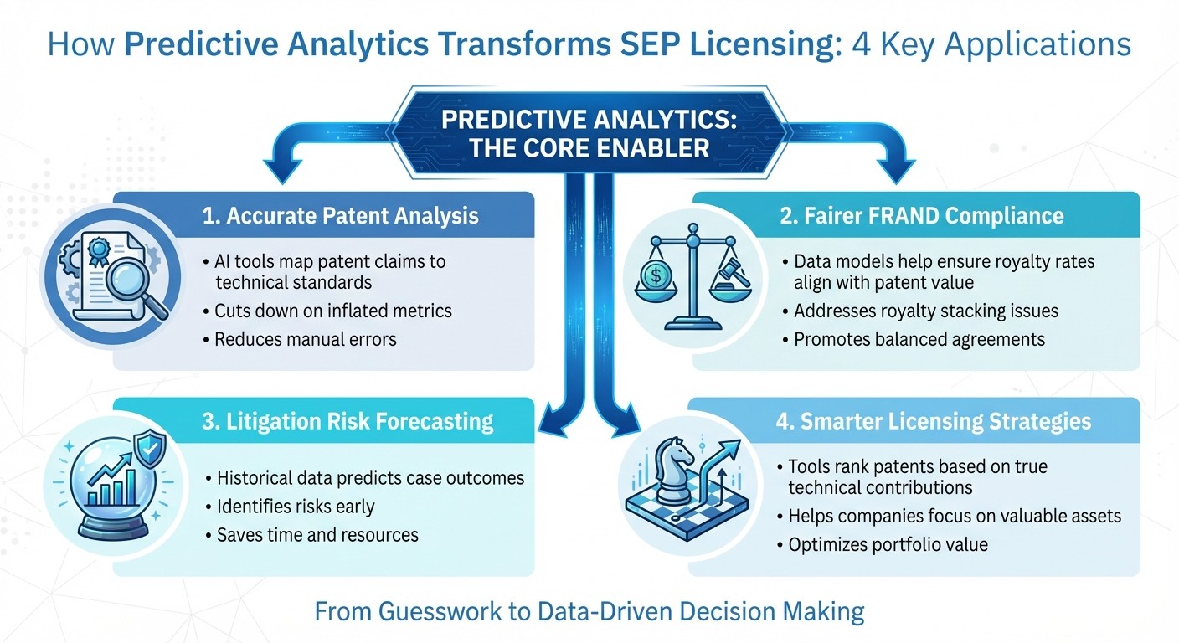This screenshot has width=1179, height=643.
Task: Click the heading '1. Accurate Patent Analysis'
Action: (340, 216)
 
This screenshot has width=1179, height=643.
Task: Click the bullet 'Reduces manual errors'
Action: (305, 339)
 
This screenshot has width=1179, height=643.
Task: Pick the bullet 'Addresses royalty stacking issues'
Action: (925, 311)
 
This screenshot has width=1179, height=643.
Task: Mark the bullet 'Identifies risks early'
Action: (295, 507)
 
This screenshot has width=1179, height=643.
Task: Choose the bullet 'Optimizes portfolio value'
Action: (888, 544)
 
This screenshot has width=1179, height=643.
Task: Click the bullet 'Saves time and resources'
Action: (317, 534)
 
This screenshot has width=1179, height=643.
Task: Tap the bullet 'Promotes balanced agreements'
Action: (919, 339)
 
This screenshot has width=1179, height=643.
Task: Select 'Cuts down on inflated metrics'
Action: (332, 311)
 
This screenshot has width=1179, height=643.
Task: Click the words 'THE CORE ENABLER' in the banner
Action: (589, 149)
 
